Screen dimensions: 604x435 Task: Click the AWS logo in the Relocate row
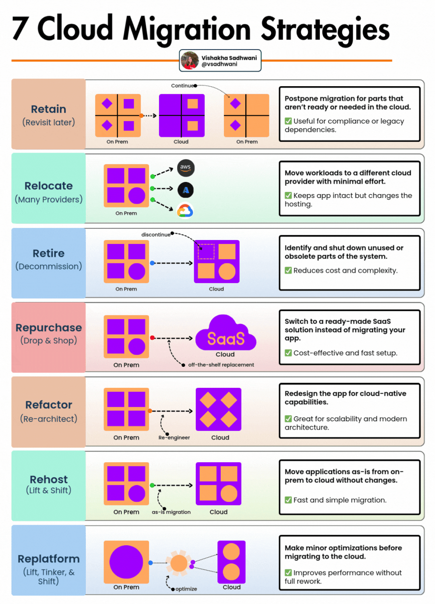click(186, 168)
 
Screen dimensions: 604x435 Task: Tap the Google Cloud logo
click(185, 211)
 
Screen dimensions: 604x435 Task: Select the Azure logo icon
click(186, 190)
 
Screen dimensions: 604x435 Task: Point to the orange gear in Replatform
click(179, 563)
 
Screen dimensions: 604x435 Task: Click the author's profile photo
click(190, 60)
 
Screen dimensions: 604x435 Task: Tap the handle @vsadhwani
click(220, 64)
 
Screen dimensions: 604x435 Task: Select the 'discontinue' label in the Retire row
click(156, 235)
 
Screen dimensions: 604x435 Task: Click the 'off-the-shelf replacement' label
click(221, 365)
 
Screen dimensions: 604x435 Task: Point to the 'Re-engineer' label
click(174, 438)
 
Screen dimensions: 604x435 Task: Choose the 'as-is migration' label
click(171, 512)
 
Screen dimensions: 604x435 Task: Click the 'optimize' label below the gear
click(186, 589)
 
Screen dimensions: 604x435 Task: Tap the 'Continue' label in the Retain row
click(182, 86)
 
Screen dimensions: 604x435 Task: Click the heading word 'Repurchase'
click(49, 328)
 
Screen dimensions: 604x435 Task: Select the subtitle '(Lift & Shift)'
click(49, 490)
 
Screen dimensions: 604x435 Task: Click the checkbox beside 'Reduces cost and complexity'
click(288, 270)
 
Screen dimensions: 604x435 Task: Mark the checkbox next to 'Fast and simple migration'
click(288, 500)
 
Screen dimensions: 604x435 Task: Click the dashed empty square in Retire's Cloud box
click(206, 252)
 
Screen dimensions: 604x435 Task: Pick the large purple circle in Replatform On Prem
click(126, 562)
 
